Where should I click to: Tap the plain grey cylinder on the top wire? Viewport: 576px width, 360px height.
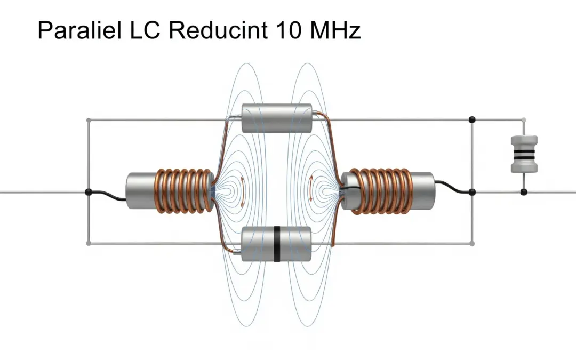tap(276, 118)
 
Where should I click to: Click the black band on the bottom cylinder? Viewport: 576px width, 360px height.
tap(277, 244)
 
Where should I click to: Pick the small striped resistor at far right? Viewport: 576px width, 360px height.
tap(523, 154)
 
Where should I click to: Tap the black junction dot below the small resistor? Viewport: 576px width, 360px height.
tap(524, 192)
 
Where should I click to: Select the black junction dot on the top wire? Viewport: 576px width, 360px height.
tap(471, 119)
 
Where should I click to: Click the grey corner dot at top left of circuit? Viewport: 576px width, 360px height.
tap(88, 119)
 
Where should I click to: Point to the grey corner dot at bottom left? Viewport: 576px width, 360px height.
tap(88, 244)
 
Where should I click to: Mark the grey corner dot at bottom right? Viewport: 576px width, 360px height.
tap(471, 244)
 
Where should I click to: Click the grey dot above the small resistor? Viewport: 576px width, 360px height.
tap(524, 119)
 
